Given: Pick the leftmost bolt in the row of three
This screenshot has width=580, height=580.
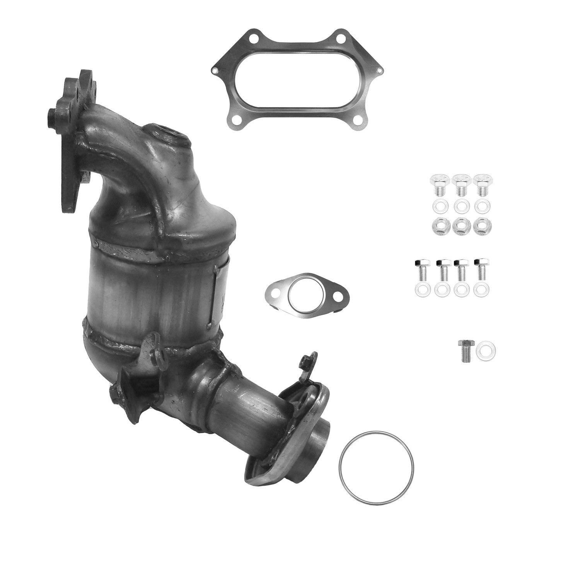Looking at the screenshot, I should (x=437, y=185).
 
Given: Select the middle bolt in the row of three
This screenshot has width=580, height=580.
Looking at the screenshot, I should (x=459, y=185).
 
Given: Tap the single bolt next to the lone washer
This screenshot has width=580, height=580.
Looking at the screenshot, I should (x=465, y=350).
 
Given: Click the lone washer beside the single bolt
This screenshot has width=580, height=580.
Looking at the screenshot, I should (x=486, y=351).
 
